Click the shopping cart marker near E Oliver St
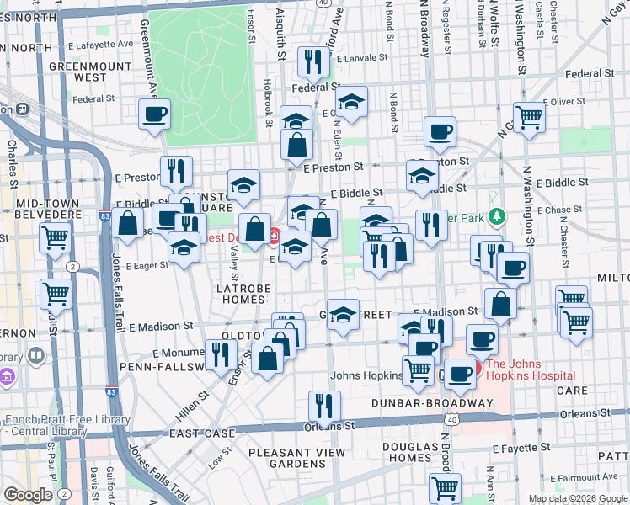click(530, 118)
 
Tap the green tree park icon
click(497, 217)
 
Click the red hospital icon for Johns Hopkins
click(478, 367)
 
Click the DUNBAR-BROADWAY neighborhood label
click(432, 403)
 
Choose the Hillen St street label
click(192, 406)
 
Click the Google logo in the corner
click(28, 495)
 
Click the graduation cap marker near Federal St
click(351, 103)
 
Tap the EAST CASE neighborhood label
click(201, 433)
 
